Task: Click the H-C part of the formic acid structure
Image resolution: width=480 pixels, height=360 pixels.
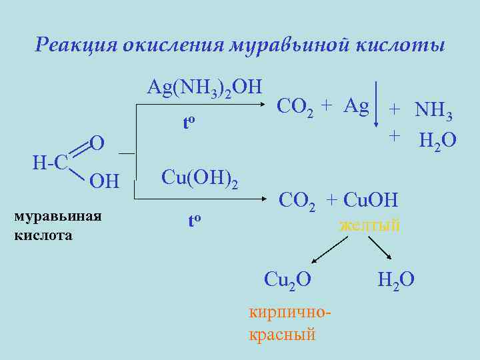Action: click(49, 162)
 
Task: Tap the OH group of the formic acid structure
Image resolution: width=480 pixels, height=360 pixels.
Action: click(103, 181)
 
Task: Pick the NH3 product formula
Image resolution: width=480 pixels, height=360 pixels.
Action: click(433, 111)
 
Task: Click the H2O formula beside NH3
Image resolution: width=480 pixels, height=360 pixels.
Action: click(437, 141)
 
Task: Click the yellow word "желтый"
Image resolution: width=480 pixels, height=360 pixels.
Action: click(370, 225)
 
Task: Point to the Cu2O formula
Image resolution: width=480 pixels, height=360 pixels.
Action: click(287, 279)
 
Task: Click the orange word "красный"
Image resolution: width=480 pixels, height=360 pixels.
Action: click(281, 334)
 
